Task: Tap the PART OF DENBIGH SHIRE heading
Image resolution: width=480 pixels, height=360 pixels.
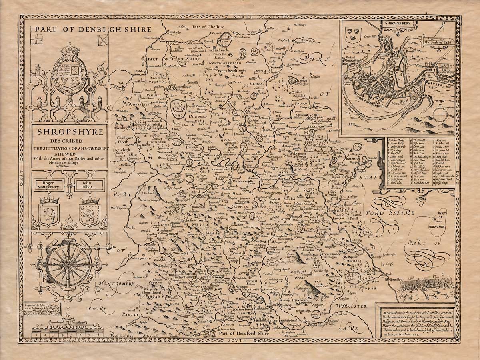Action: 93,29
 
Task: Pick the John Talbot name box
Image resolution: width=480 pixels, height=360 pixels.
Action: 88,185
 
